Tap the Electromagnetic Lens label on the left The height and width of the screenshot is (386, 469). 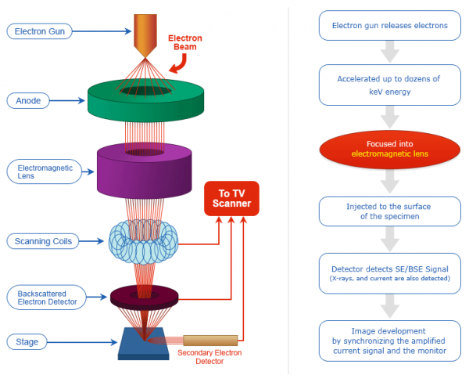pos(44,171)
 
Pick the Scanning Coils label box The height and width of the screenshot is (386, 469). pos(44,241)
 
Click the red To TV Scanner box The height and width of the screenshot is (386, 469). pos(231,198)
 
